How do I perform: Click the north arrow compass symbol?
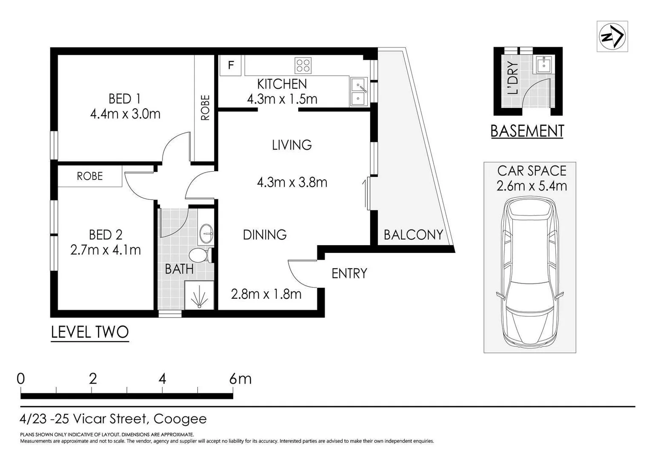pyautogui.click(x=612, y=36)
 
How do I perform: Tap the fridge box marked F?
pyautogui.click(x=230, y=65)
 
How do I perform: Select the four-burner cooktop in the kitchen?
pyautogui.click(x=303, y=65)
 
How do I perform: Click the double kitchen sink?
pyautogui.click(x=359, y=91)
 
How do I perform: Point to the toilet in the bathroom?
pyautogui.click(x=200, y=255)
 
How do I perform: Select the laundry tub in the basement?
pyautogui.click(x=544, y=65)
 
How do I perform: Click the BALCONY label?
pyautogui.click(x=413, y=235)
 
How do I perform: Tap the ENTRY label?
pyautogui.click(x=349, y=273)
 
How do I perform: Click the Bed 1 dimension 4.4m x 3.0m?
pyautogui.click(x=125, y=114)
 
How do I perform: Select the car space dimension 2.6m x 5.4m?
pyautogui.click(x=532, y=186)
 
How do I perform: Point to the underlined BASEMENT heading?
pyautogui.click(x=527, y=131)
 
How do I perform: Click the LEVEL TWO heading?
pyautogui.click(x=90, y=332)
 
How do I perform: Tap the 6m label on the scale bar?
pyautogui.click(x=240, y=379)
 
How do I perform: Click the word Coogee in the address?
pyautogui.click(x=180, y=419)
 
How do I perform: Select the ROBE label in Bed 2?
pyautogui.click(x=90, y=176)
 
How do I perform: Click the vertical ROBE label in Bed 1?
pyautogui.click(x=205, y=108)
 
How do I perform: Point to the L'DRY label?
pyautogui.click(x=513, y=78)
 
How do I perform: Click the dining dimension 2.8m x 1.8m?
pyautogui.click(x=266, y=294)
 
